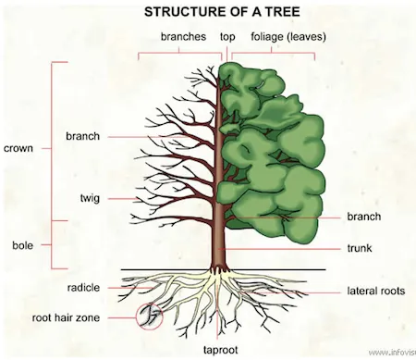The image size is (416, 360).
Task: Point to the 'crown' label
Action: coord(20,147)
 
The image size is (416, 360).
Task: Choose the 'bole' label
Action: coord(22,244)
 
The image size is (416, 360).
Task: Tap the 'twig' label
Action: coord(90,198)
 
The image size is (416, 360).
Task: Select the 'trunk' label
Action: coord(363,248)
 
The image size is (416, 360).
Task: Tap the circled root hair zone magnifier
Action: coord(147,317)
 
